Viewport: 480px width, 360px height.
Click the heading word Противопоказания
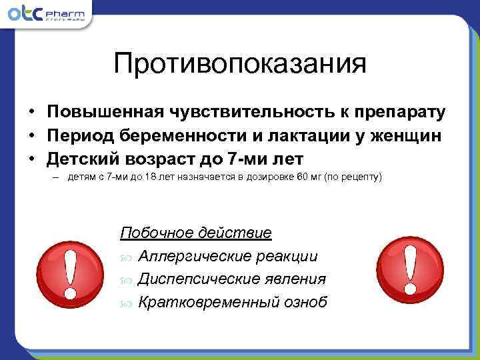(x=240, y=65)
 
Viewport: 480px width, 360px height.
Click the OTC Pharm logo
(x=49, y=15)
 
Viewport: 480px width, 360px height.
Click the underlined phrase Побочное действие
(x=196, y=233)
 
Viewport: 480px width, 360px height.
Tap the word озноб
(x=305, y=302)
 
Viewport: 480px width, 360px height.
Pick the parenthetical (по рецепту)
(x=351, y=179)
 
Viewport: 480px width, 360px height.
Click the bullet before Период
(x=31, y=135)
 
